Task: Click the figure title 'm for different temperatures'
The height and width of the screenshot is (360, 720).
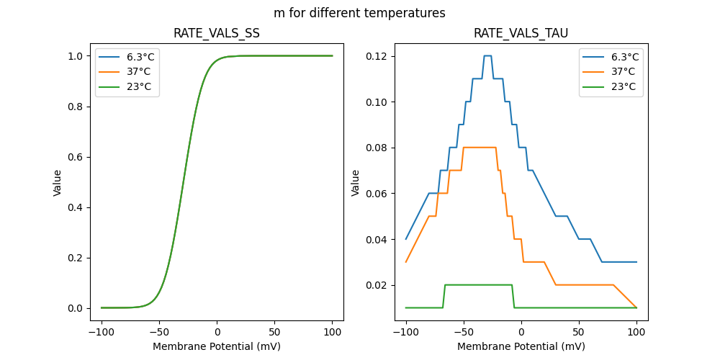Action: pos(359,13)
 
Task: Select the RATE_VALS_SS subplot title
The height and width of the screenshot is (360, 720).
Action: pos(217,34)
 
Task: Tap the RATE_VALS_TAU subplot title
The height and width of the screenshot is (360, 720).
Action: pos(521,34)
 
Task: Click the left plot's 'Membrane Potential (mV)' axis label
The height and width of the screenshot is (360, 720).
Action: pos(217,346)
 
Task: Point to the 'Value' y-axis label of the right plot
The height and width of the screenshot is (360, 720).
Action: pos(355,183)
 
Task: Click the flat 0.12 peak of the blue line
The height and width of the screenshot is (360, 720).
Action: pos(487,55)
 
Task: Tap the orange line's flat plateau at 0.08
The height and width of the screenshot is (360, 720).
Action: pos(480,148)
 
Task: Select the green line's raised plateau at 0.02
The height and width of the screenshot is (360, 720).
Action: pos(478,284)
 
